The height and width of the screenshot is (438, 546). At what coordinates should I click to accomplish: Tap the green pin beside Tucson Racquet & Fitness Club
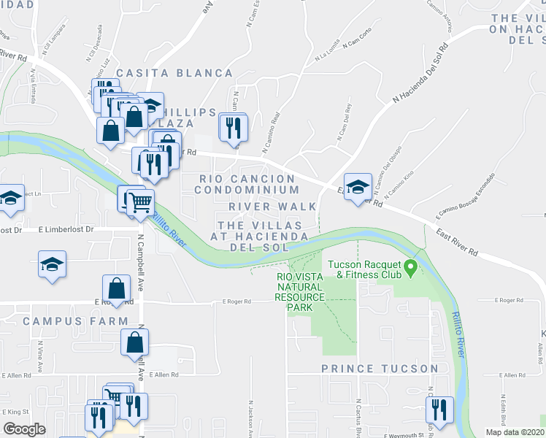pyautogui.click(x=411, y=269)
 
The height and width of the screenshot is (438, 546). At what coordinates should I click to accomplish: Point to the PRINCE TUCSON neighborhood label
pyautogui.click(x=380, y=369)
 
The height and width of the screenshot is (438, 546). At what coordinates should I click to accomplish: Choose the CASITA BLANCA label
pyautogui.click(x=174, y=74)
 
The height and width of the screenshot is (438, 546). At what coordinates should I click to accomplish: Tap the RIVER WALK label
pyautogui.click(x=273, y=207)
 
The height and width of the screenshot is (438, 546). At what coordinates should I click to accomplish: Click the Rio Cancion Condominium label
pyautogui.click(x=247, y=184)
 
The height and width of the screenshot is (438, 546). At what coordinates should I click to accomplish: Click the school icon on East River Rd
pyautogui.click(x=358, y=187)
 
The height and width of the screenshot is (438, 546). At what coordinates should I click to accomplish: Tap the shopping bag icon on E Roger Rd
pyautogui.click(x=117, y=288)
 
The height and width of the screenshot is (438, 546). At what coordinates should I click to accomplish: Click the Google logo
pyautogui.click(x=24, y=429)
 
